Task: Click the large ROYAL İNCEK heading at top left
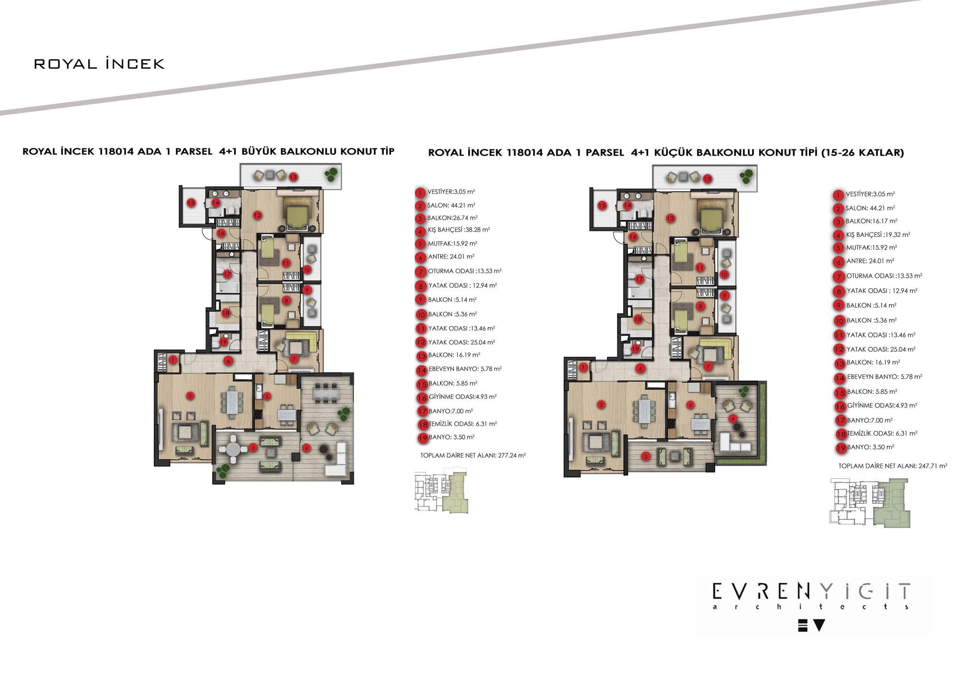click(x=99, y=64)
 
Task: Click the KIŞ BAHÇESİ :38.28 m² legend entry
click(x=458, y=230)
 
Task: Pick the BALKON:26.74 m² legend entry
click(x=452, y=218)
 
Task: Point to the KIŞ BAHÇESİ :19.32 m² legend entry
click(x=878, y=235)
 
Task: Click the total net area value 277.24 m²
click(x=512, y=455)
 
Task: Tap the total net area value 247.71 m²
click(x=933, y=465)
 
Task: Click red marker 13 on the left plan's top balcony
click(x=293, y=177)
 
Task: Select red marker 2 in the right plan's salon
click(x=602, y=405)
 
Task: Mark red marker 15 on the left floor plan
click(x=191, y=203)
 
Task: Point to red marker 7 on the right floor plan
click(x=708, y=367)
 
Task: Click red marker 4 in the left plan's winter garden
click(x=306, y=448)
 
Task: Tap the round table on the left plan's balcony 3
click(x=233, y=449)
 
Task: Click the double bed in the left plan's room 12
click(x=297, y=214)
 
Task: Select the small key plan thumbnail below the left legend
click(x=441, y=493)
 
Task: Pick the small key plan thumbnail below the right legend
click(x=870, y=503)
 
